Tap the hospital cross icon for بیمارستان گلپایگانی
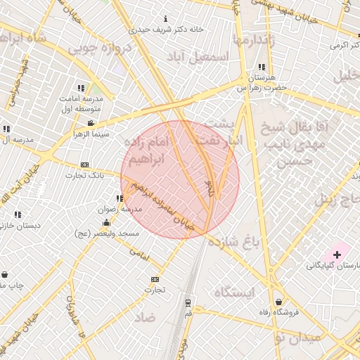tap(337, 254)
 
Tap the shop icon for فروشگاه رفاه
tap(278, 302)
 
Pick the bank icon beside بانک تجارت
tap(85, 165)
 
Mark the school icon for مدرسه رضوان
tap(118, 198)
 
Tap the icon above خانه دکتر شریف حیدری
tap(165, 18)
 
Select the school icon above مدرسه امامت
tap(81, 89)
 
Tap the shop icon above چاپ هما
tap(6, 274)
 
